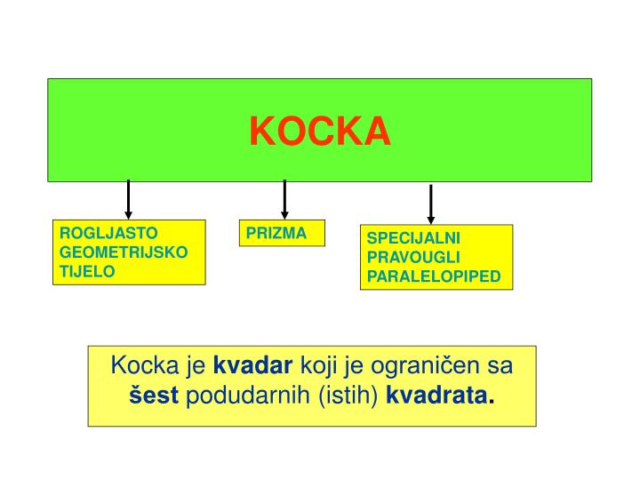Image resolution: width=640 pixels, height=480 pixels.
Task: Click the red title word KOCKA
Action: [x=320, y=131]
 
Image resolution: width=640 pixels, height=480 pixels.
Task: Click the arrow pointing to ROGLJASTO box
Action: [x=129, y=197]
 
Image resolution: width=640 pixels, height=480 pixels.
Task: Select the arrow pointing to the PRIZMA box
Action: [x=284, y=197]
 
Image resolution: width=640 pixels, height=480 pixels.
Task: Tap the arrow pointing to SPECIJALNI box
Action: [x=431, y=203]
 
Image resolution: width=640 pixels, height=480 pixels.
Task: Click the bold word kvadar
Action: [x=254, y=367]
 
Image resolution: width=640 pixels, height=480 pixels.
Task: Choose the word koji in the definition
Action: [x=318, y=367]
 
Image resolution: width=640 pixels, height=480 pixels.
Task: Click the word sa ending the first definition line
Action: [x=502, y=367]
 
